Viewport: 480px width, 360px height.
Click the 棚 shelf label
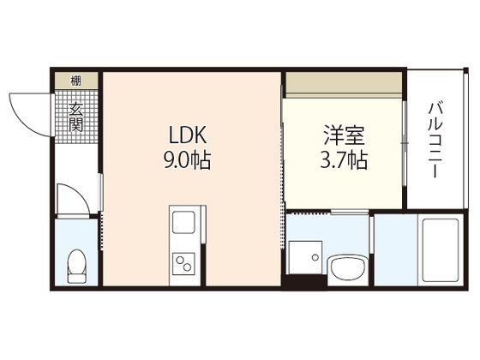76,81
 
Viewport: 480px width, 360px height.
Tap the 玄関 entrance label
76,117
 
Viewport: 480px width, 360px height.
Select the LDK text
187,135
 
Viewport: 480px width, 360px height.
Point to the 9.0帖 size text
187,159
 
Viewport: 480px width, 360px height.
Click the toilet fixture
77,263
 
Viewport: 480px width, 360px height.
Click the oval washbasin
347,267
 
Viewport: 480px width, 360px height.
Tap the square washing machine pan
303,255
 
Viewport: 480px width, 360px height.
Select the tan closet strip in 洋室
344,82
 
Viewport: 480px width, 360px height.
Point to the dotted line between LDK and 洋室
284,154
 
